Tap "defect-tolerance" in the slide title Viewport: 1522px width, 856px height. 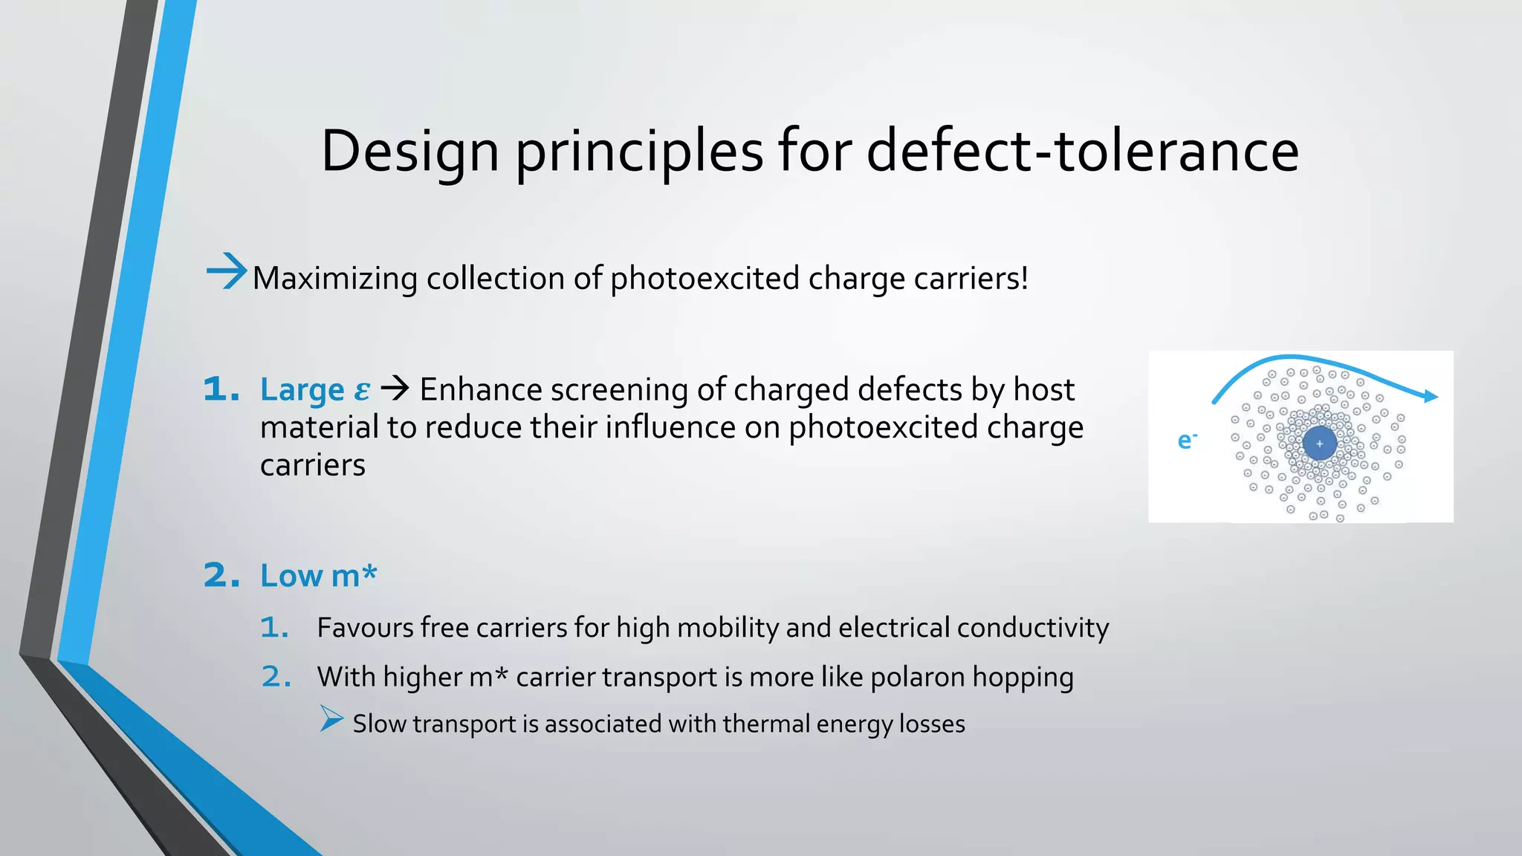1082,152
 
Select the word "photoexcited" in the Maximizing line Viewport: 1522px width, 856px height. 705,279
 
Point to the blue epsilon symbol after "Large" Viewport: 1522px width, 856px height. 362,390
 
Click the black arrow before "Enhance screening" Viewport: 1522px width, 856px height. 395,388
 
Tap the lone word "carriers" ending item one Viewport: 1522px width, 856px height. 313,466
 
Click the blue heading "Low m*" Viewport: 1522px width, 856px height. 318,576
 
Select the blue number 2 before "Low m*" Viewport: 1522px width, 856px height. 221,576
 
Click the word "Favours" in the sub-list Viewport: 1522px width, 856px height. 364,628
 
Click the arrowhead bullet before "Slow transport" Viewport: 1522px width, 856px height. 331,719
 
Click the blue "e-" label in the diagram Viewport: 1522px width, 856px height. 1187,441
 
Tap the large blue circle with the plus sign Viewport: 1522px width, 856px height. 1320,444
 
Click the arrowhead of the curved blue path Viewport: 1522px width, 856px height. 1431,397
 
